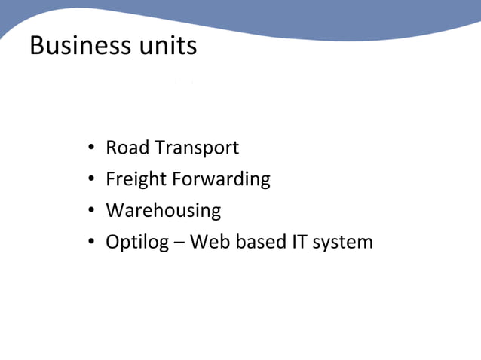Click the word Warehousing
pos(164,211)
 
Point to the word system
pos(343,243)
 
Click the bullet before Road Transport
pos(90,148)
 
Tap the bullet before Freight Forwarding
pos(90,179)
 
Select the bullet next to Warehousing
pos(90,211)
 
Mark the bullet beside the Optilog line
pos(90,243)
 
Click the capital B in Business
pos(37,45)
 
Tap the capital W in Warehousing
pos(115,210)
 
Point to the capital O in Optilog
pos(113,242)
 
